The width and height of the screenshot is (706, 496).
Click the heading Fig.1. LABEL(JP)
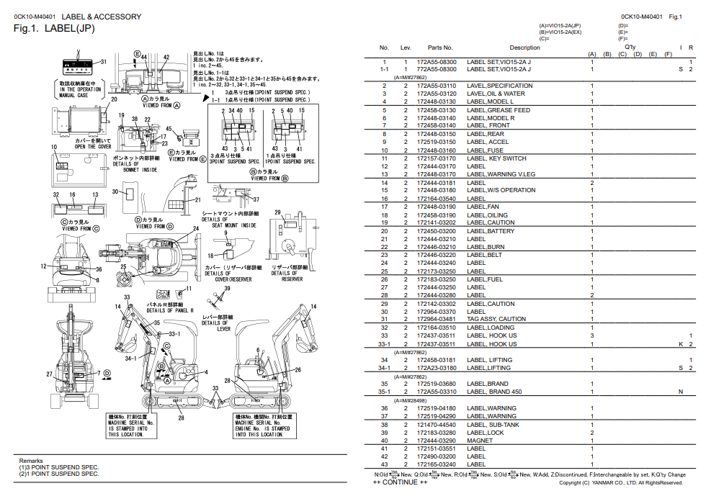click(54, 29)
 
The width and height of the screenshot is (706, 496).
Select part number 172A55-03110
click(436, 86)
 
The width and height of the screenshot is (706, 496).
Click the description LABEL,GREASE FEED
click(498, 110)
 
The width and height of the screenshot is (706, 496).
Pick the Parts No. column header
click(439, 48)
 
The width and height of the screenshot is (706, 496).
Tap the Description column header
click(524, 48)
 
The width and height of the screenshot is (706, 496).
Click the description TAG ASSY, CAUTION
click(496, 319)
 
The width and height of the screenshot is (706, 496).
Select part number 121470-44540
click(436, 424)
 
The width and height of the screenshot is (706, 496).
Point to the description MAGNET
click(480, 441)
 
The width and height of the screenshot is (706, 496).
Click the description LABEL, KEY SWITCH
click(496, 158)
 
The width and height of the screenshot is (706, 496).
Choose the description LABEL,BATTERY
click(491, 231)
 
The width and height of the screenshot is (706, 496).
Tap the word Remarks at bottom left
click(31, 461)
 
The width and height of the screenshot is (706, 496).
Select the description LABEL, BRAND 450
click(494, 392)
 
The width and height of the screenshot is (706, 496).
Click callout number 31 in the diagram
click(103, 62)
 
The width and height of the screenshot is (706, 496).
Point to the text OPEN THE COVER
click(93, 146)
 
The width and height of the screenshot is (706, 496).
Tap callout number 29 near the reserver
click(277, 212)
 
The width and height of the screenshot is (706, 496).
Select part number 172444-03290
click(436, 441)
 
